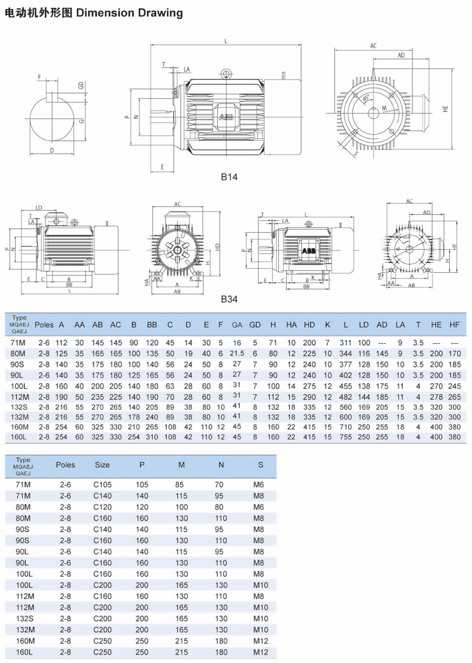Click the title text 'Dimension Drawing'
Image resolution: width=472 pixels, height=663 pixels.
(x=129, y=13)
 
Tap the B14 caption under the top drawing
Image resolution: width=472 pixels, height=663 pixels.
(x=229, y=177)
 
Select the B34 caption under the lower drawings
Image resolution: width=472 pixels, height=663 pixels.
(x=229, y=299)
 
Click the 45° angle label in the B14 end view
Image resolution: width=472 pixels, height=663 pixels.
(x=366, y=98)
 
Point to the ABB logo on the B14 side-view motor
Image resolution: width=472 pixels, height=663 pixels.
(x=226, y=116)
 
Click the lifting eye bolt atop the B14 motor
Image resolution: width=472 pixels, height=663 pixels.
(x=226, y=74)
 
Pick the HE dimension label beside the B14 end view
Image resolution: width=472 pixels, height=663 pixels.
(x=445, y=109)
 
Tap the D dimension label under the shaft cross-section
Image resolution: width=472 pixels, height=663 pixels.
(x=52, y=150)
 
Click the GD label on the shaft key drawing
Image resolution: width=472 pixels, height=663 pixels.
(x=81, y=85)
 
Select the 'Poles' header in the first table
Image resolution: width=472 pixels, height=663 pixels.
(x=44, y=325)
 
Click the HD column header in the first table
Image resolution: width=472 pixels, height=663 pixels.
(x=309, y=325)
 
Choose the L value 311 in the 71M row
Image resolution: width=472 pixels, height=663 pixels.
(x=346, y=343)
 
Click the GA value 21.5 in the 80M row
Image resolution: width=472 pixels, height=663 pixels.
(x=237, y=353)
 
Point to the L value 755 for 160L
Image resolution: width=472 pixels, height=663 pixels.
(x=346, y=437)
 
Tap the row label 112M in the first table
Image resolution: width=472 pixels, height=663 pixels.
(x=19, y=397)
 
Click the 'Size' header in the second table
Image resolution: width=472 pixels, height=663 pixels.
(x=102, y=465)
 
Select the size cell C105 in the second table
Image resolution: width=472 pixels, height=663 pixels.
(x=102, y=485)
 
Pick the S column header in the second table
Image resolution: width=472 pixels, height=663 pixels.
(x=261, y=465)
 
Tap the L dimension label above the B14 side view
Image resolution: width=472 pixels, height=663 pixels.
(x=226, y=42)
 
